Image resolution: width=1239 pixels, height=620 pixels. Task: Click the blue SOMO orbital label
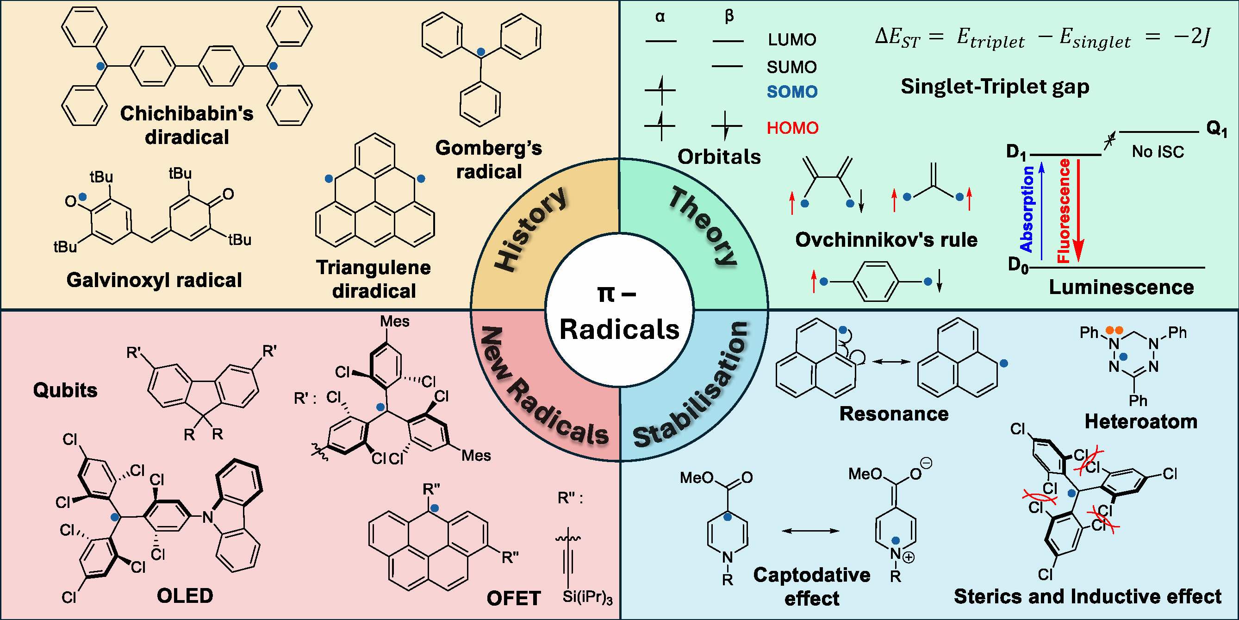tap(792, 92)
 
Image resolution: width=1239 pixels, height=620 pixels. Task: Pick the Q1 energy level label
tap(1217, 129)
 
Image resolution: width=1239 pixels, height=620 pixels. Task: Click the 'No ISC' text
tap(1158, 151)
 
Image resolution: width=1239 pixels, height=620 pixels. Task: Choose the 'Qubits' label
tap(65, 390)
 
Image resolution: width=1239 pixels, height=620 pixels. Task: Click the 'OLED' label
tap(185, 596)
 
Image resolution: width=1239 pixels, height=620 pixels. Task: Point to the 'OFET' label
tap(514, 598)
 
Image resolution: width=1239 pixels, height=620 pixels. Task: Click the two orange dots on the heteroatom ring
tap(1114, 330)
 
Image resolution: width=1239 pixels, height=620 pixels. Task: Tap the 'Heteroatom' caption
tap(1141, 421)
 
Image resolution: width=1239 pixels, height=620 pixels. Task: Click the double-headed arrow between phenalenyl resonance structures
tap(893, 361)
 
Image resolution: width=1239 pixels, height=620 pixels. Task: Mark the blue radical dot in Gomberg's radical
tap(480, 51)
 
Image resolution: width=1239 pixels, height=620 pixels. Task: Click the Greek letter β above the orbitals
tap(728, 17)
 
